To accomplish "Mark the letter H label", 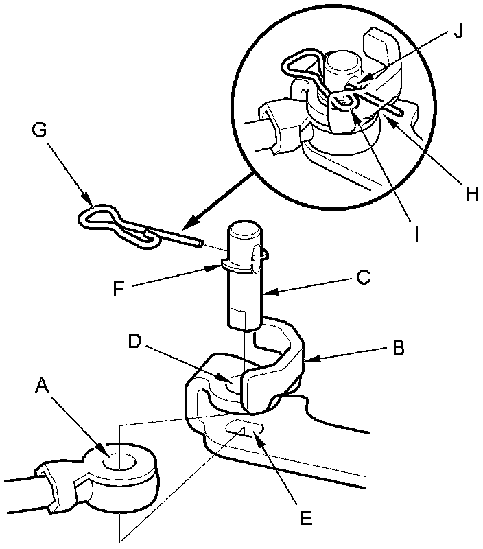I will click(471, 194).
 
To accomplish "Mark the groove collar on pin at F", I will click(237, 264).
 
